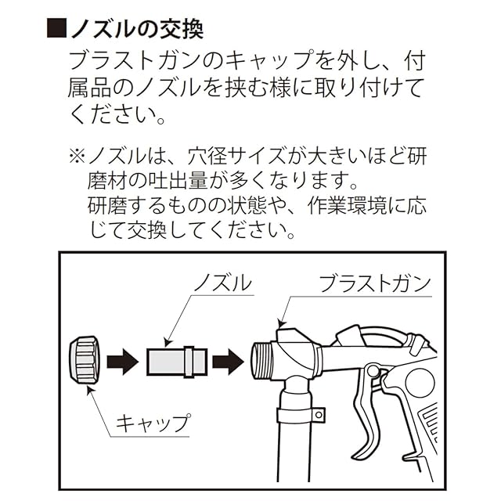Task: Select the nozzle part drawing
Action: (176, 362)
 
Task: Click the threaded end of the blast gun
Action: (260, 362)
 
